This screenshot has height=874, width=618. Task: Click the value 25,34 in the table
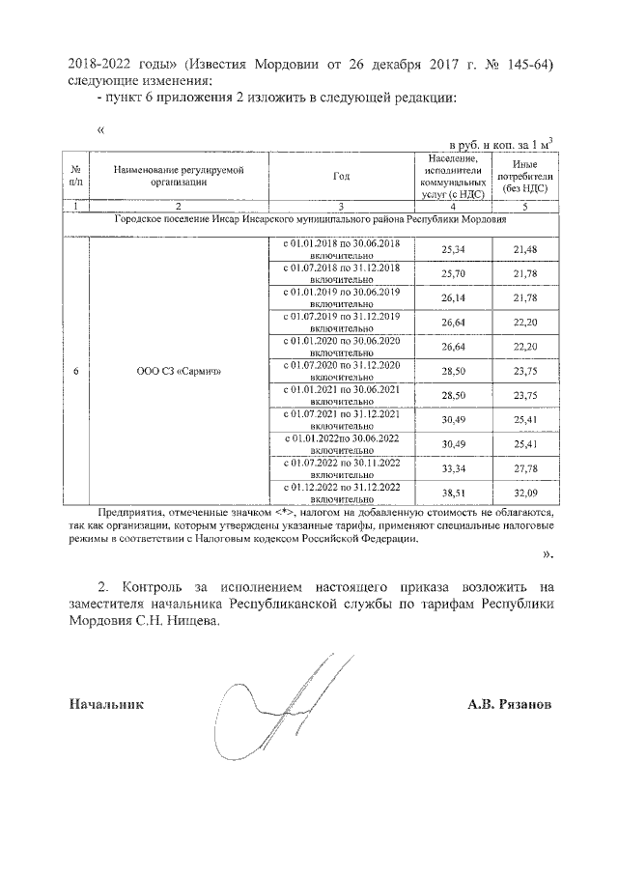453,249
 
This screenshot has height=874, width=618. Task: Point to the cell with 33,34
453,469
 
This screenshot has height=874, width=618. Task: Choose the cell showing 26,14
453,298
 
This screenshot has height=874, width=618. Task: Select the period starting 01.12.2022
341,493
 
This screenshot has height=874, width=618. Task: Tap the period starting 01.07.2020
341,371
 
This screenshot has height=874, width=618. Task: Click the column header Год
341,177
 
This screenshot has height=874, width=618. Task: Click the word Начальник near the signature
106,705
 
